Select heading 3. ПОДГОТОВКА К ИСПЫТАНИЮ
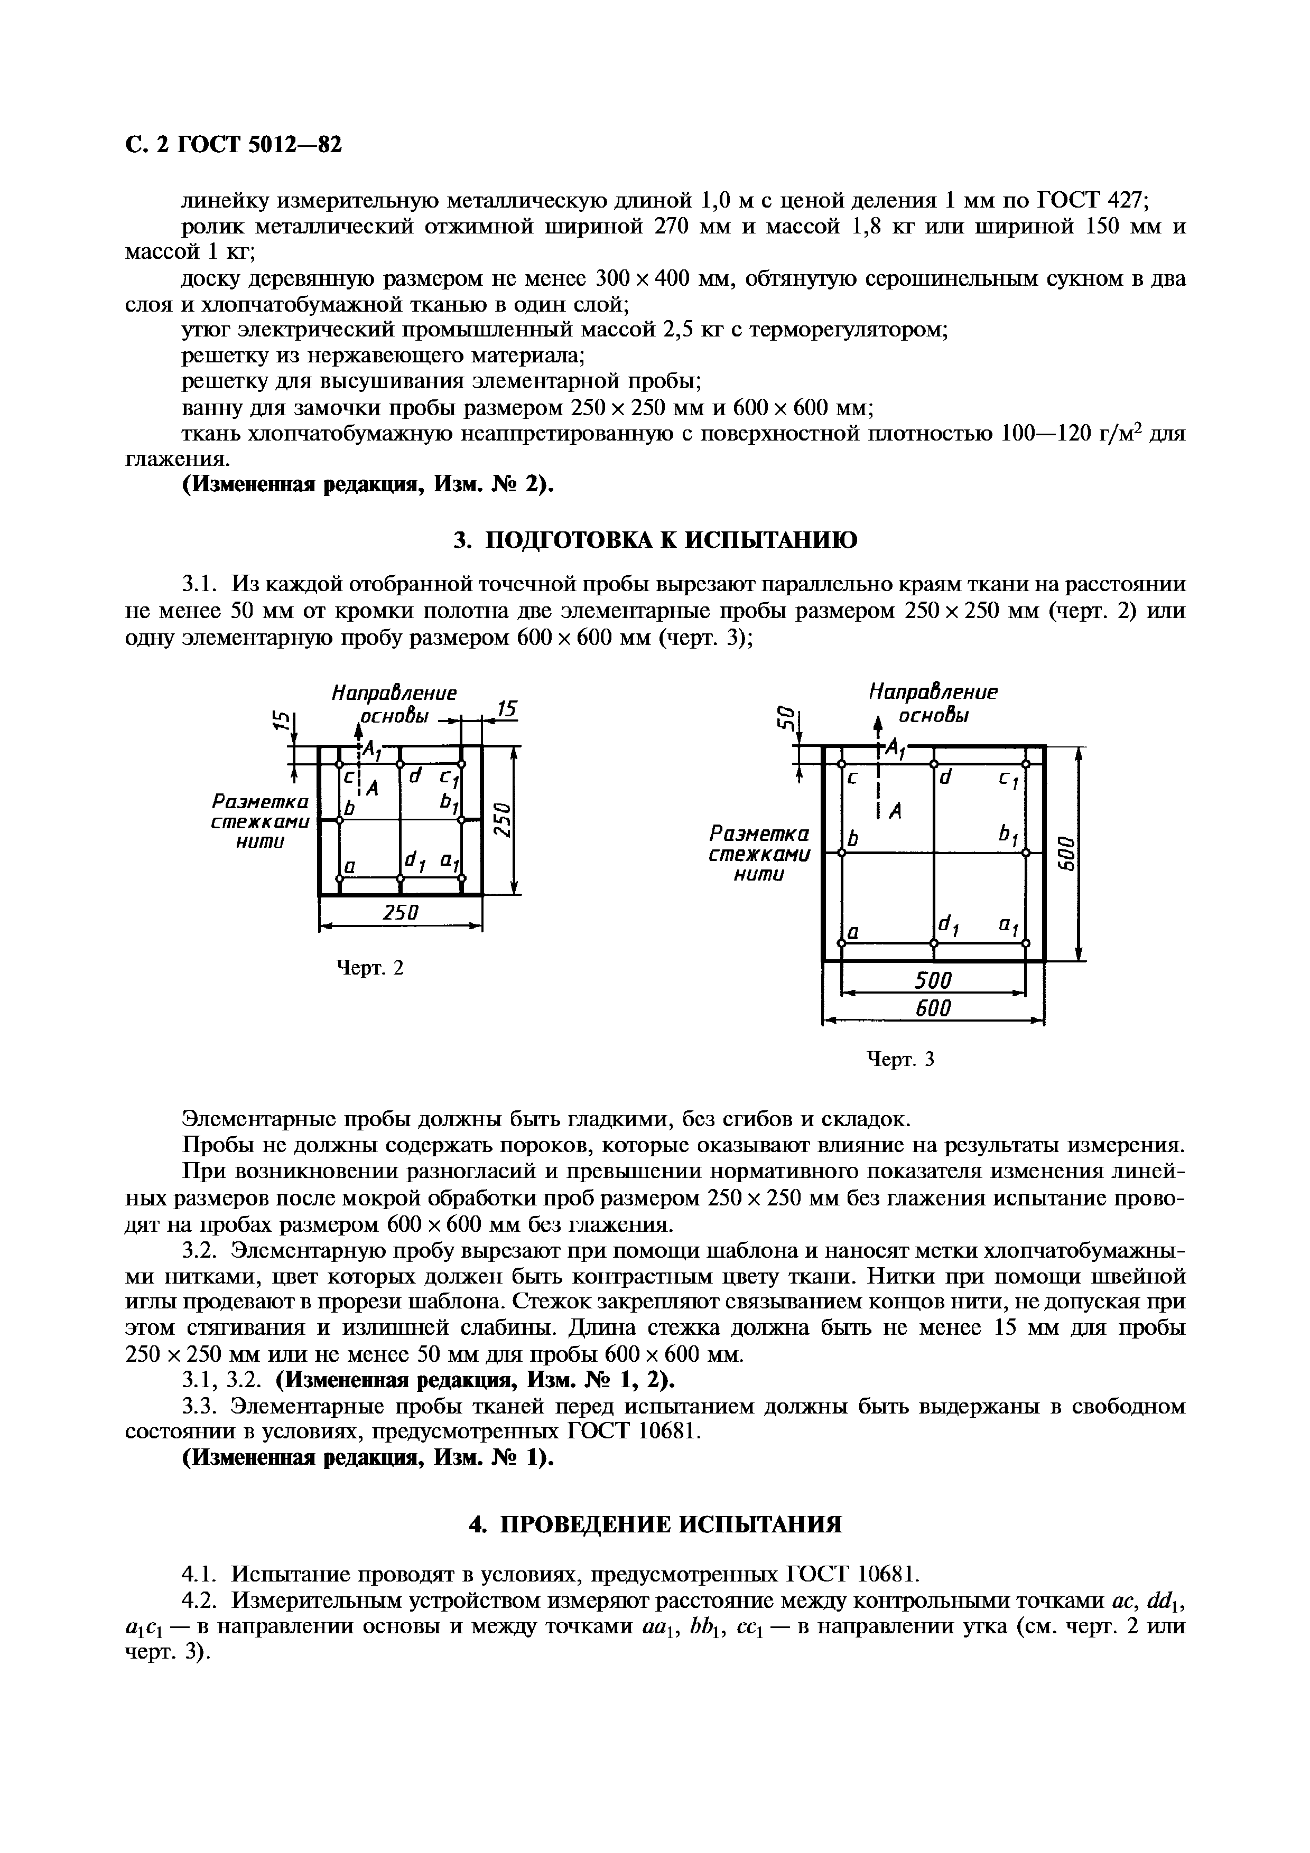[x=655, y=540]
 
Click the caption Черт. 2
[x=369, y=967]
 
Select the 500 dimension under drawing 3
[x=933, y=980]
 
